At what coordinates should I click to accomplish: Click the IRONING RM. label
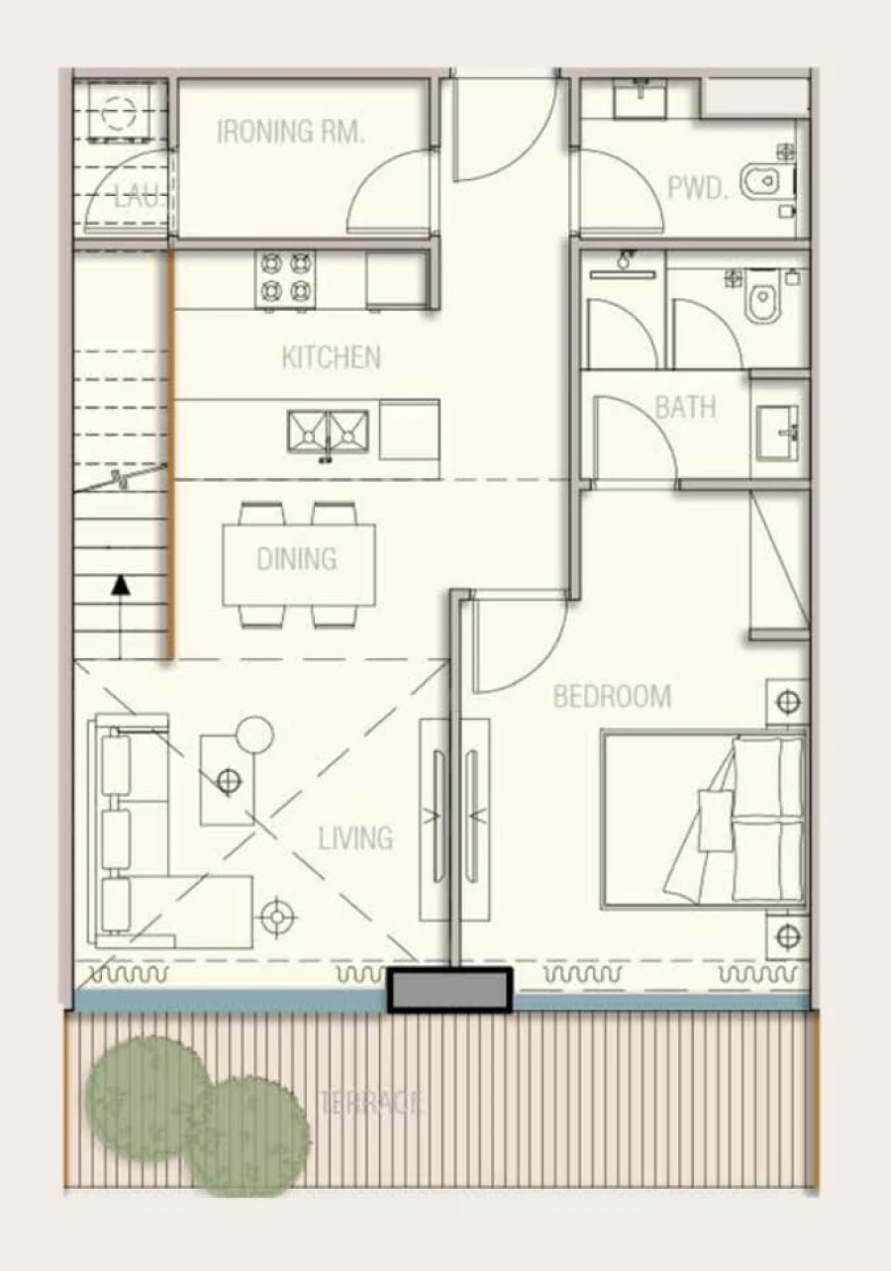[x=290, y=132]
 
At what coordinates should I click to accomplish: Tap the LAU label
[x=136, y=194]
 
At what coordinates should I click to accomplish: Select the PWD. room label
[x=697, y=188]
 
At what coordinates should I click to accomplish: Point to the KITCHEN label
[x=331, y=357]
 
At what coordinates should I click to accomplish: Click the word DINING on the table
[x=296, y=559]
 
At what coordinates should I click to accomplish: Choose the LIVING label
[x=354, y=838]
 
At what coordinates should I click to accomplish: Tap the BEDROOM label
[x=611, y=697]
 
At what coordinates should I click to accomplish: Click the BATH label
[x=685, y=407]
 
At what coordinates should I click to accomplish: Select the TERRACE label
[x=371, y=1102]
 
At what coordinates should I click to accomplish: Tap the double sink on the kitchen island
[x=328, y=432]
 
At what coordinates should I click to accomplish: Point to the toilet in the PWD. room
[x=766, y=181]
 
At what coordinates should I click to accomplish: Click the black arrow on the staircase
[x=121, y=586]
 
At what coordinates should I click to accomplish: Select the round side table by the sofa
[x=253, y=734]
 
